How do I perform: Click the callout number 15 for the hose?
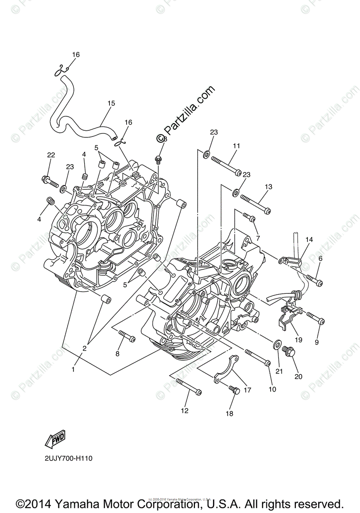click(x=111, y=103)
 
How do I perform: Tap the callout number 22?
click(x=51, y=155)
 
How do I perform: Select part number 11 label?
click(x=236, y=146)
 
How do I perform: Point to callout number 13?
click(x=268, y=187)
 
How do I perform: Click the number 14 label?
click(x=309, y=240)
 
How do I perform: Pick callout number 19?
click(x=298, y=340)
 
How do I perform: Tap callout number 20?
click(x=298, y=376)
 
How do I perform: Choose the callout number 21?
click(x=279, y=371)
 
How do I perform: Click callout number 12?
click(x=184, y=411)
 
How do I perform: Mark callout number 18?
click(x=230, y=413)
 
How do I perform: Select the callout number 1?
click(x=73, y=369)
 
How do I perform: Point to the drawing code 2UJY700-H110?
click(x=68, y=458)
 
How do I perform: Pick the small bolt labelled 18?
click(x=234, y=390)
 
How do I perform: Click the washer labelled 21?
click(x=277, y=343)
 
